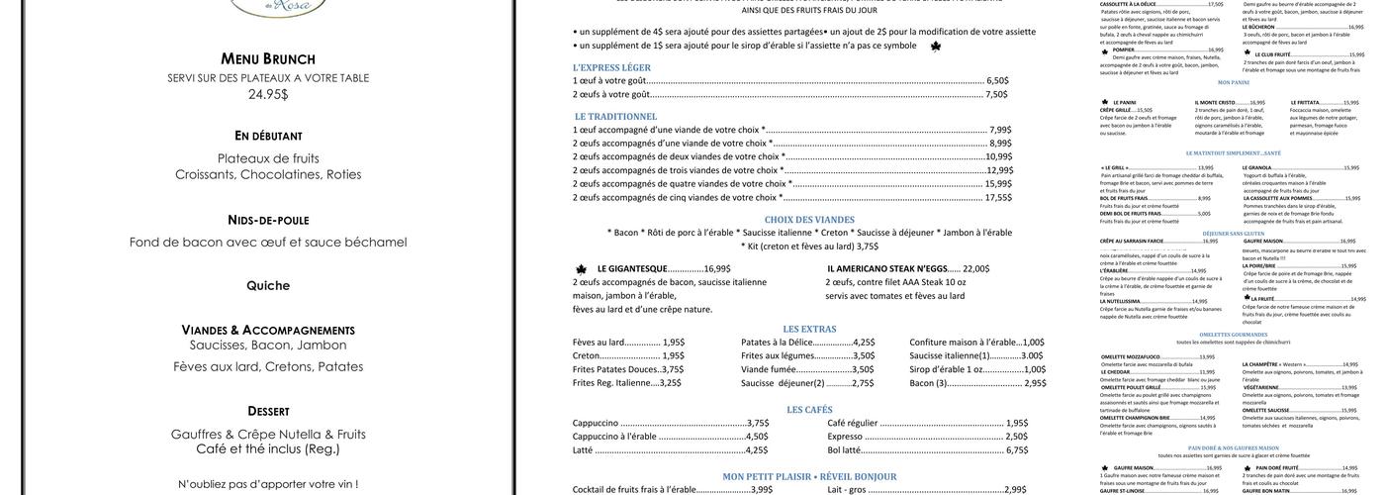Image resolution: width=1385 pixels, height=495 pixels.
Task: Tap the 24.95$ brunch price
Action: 267,94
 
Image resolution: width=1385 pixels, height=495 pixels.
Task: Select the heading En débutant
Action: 267,136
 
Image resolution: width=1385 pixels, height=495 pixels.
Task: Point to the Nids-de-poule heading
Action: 267,220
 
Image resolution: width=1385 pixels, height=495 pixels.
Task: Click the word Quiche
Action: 268,286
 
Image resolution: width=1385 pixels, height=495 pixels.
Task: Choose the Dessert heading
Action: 268,411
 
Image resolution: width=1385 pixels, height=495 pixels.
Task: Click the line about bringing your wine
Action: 268,484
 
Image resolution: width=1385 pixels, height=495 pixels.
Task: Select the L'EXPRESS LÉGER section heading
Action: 611,67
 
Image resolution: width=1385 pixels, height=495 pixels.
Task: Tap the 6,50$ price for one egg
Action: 997,80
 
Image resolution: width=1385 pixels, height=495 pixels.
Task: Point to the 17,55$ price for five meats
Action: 998,197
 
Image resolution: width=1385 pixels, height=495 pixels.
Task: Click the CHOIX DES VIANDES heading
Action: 808,220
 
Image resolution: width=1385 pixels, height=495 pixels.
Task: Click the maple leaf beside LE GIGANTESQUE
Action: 581,268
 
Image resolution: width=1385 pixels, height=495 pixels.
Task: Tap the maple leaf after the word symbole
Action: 936,46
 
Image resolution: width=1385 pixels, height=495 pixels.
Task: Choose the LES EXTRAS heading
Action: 809,329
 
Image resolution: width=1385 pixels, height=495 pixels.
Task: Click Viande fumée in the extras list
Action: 769,369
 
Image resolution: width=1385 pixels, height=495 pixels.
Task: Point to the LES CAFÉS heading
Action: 809,410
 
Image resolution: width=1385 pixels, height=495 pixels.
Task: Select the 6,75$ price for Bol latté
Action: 1018,450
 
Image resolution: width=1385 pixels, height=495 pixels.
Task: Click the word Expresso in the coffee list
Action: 845,437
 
